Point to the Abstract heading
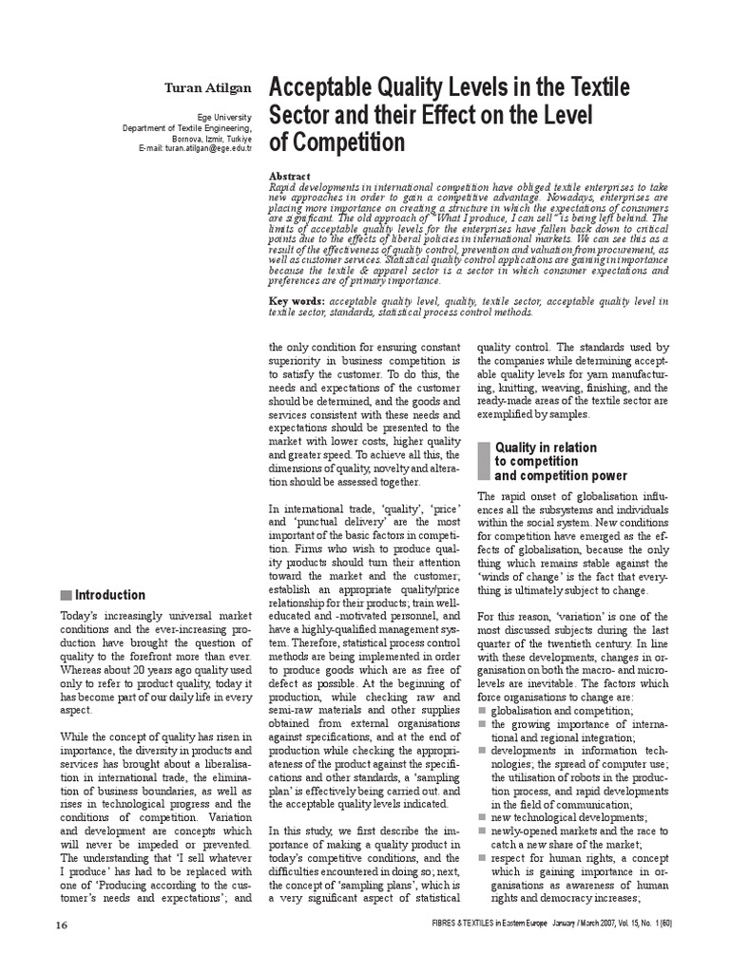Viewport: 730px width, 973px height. (x=290, y=176)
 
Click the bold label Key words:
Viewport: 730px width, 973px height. (x=293, y=301)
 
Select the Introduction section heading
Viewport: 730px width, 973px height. (x=110, y=596)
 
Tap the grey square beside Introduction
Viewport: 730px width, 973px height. (x=65, y=596)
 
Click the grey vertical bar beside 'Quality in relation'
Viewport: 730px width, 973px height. (x=483, y=461)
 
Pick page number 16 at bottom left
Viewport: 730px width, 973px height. (x=60, y=952)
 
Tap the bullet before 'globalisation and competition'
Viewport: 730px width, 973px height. (x=482, y=710)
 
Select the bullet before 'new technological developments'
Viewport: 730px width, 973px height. (x=482, y=817)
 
